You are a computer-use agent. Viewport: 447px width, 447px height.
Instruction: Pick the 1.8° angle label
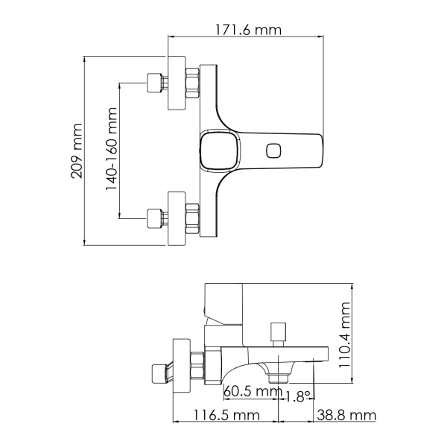click(x=298, y=398)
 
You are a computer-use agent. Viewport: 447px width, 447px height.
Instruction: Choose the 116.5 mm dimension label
click(x=227, y=416)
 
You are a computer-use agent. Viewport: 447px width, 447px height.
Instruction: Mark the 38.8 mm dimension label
click(x=343, y=416)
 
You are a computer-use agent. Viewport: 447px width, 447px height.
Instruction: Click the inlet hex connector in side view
click(x=158, y=370)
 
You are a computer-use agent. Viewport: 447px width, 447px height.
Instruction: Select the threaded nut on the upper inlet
click(x=191, y=83)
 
